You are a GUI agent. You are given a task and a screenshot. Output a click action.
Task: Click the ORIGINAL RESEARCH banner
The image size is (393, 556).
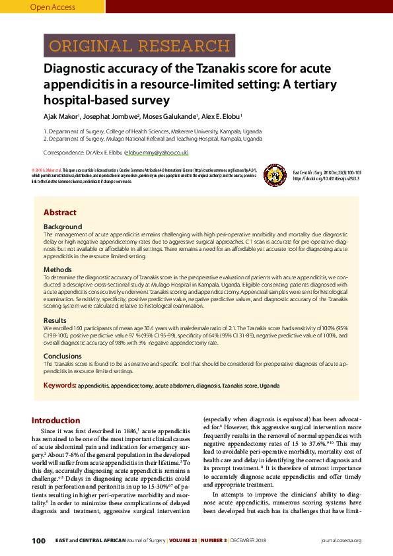tap(125, 46)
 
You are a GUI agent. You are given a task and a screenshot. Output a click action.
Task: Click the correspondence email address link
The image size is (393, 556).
tap(157, 153)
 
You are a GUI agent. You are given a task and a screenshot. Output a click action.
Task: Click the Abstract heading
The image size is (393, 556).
tap(60, 213)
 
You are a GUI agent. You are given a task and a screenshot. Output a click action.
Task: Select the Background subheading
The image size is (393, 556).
tap(63, 226)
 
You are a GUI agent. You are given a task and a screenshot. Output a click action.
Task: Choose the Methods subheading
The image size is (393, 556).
tap(57, 269)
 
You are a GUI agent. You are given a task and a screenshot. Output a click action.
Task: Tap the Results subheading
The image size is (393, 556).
tap(55, 320)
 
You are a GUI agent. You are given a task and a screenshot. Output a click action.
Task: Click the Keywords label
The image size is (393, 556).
tap(59, 385)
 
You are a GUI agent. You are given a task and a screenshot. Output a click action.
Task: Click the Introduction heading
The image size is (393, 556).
tap(56, 421)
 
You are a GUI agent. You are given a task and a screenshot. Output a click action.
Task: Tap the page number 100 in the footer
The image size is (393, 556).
tap(38, 541)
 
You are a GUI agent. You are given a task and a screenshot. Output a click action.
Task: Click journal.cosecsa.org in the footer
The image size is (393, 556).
tap(341, 541)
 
